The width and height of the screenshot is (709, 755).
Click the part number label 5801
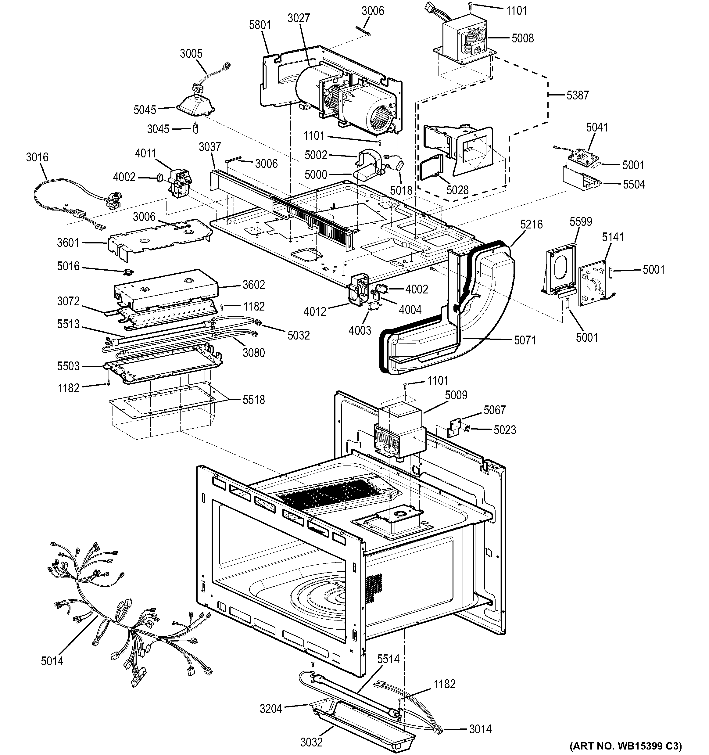(260, 25)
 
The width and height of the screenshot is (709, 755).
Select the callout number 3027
(299, 18)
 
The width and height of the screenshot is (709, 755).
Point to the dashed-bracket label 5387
(577, 95)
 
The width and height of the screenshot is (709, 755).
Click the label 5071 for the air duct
(525, 340)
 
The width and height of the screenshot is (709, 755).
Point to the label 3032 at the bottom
(311, 742)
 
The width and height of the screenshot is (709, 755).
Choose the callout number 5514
(388, 659)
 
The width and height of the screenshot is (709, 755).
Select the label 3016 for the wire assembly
(37, 157)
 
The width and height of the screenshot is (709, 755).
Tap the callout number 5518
(253, 400)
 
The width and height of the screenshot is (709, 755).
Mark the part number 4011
(145, 153)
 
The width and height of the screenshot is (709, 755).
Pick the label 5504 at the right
(633, 185)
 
